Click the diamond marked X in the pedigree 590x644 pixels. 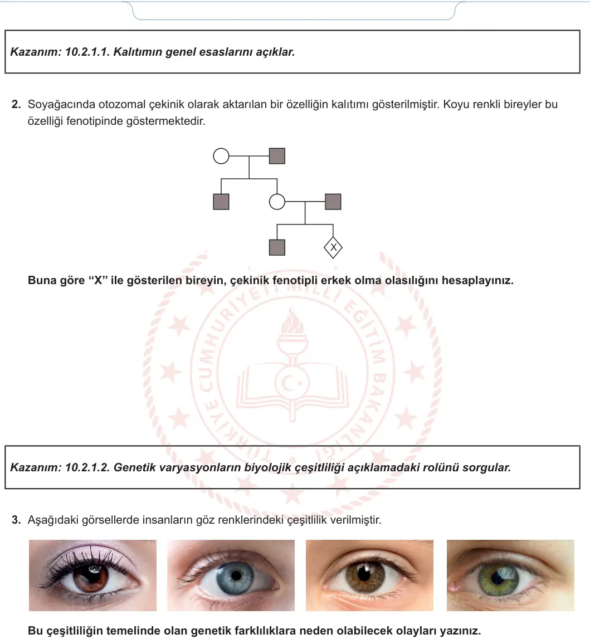pos(333,247)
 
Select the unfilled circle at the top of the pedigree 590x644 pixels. pos(221,156)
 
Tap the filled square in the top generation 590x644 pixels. pos(277,156)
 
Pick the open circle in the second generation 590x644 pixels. pos(277,202)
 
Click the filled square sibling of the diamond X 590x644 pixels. pos(277,247)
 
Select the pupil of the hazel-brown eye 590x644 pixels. pos(364,575)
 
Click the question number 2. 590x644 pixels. pos(16,104)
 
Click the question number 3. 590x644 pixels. pos(16,520)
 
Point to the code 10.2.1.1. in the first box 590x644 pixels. pos(87,52)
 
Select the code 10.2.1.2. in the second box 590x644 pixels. pos(87,467)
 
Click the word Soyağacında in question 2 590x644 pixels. pos(61,105)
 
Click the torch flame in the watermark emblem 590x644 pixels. pos(292,321)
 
